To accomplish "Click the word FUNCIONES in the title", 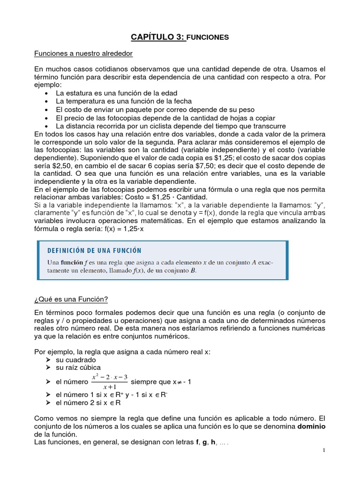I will point(208,37).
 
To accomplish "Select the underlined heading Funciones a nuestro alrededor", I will point(83,53).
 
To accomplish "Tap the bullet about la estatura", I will point(116,93).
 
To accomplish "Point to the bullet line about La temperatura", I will point(124,101).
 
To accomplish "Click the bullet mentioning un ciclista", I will point(171,126).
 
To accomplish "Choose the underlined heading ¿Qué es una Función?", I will point(71,299).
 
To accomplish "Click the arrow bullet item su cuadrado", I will point(75,360).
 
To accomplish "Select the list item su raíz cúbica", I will point(78,367).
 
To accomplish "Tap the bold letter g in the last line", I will point(205,443).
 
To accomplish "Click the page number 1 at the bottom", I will point(323,450).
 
